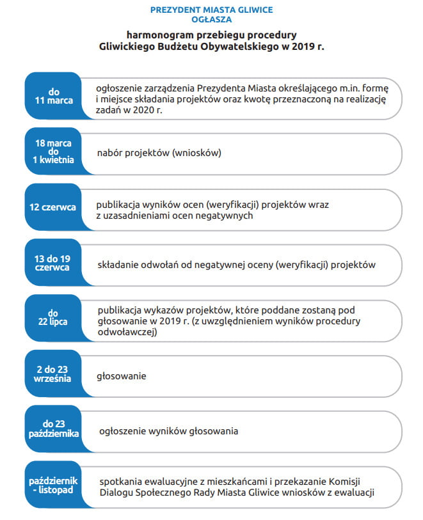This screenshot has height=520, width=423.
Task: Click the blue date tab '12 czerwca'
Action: coord(52,208)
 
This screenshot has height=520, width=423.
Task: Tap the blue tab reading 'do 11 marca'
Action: coord(54,96)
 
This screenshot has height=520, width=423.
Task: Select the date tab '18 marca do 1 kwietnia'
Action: coord(54,152)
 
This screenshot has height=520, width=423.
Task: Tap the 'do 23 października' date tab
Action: coord(54,429)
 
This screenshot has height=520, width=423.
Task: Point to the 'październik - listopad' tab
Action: coord(54,484)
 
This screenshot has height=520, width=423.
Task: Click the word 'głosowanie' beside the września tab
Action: coord(122,376)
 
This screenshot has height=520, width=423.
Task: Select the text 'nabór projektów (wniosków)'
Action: coord(159,153)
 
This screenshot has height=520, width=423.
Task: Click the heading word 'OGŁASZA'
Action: coord(211,19)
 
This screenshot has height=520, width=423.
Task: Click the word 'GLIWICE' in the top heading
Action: coord(253,10)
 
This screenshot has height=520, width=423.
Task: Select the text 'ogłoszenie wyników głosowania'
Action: coord(169,431)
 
